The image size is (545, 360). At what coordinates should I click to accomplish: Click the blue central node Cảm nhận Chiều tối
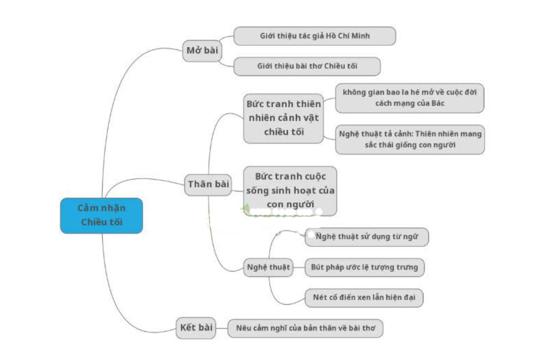[102, 215]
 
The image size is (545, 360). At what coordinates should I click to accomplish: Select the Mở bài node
[202, 51]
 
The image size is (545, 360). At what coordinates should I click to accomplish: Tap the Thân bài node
[208, 184]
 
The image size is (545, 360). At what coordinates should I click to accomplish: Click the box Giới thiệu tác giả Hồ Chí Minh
[315, 36]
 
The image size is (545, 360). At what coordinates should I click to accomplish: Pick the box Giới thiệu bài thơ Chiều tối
[307, 66]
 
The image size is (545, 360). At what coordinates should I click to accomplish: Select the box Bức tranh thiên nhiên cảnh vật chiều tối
[284, 118]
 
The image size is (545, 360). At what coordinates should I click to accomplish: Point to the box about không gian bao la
[410, 98]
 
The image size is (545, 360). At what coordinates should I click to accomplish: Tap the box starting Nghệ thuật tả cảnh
[410, 139]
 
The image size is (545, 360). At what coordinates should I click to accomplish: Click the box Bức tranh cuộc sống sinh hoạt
[290, 191]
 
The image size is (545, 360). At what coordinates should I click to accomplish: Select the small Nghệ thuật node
[268, 267]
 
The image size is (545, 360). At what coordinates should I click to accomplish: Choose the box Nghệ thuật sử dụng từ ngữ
[366, 237]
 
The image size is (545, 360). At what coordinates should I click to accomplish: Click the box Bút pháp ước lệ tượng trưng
[365, 268]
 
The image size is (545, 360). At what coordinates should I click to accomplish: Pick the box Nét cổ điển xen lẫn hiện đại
[364, 298]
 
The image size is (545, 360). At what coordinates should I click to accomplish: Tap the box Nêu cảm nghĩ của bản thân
[305, 328]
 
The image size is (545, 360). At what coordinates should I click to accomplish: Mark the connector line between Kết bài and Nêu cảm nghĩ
[223, 328]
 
